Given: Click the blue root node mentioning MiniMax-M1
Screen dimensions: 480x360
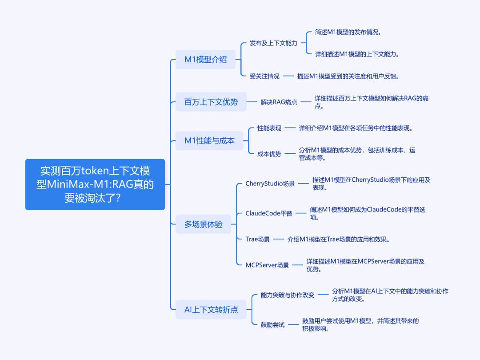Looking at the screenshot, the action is pos(95,184).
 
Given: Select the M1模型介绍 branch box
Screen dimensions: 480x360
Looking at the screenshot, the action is pos(205,60).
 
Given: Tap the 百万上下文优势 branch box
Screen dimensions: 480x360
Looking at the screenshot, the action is pos(211,102).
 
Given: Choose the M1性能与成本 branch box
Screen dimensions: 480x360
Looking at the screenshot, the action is pos(209,140).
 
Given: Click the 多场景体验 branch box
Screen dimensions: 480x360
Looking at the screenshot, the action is pos(203,224).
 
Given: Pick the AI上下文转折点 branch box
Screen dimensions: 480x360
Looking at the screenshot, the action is pos(211,309).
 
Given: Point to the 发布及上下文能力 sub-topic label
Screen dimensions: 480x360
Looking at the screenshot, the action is pos(273,43).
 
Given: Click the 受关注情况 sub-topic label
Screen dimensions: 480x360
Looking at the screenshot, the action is pos(264,76).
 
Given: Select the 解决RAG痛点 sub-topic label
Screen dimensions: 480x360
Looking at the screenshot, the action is pos(279,102).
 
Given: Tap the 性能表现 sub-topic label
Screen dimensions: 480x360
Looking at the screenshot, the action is pos(269,128).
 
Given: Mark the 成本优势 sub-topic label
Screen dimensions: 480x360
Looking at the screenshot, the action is pos(269,154).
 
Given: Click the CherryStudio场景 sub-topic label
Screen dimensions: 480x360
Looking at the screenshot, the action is pos(270,184).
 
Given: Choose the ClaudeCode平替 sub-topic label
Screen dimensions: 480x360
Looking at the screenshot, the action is pos(269,213).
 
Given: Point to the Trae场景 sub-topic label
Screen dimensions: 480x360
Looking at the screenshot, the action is pos(257,239).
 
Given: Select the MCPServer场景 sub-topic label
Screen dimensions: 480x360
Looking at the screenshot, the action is pos(267,265).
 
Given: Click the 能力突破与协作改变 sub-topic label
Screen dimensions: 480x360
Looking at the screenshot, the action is pos(288,295).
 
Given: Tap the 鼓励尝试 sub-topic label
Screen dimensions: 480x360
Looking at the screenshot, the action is pos(272,324).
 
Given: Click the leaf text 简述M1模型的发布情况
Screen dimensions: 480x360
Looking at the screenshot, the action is pos(348,32).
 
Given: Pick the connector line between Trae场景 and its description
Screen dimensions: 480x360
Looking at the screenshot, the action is pos(279,239).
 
